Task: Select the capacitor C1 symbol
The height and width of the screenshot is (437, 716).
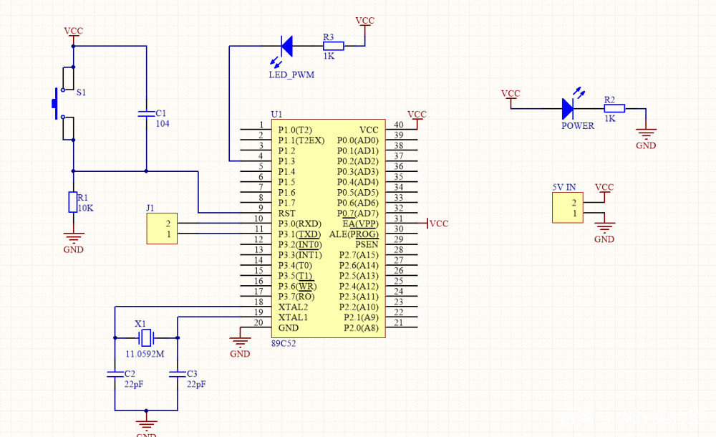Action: click(146, 113)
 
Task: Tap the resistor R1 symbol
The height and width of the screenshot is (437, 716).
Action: click(72, 203)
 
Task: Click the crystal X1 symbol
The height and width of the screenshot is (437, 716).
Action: click(146, 337)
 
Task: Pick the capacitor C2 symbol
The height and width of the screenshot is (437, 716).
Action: click(115, 374)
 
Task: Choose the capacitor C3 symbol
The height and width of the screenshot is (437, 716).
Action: click(177, 374)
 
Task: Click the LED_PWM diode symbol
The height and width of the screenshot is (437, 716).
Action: click(286, 46)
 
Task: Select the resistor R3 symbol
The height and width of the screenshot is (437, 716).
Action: click(333, 46)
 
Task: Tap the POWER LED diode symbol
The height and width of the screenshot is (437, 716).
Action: click(568, 108)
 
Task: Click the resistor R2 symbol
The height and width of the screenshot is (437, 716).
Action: click(614, 108)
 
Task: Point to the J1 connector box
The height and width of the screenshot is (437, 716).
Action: click(162, 229)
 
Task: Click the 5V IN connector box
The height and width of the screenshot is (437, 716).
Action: click(567, 208)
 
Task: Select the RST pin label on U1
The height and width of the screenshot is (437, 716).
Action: click(286, 213)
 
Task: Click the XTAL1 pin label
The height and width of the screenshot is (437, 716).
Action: click(293, 317)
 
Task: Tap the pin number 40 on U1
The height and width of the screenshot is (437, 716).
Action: click(398, 125)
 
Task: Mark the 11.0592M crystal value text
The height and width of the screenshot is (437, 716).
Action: click(145, 355)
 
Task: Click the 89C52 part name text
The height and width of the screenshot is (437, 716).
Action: click(284, 344)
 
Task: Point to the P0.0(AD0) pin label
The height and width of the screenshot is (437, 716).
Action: click(357, 140)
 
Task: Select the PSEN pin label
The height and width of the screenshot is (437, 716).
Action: click(367, 244)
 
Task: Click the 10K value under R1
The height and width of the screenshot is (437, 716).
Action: click(86, 208)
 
